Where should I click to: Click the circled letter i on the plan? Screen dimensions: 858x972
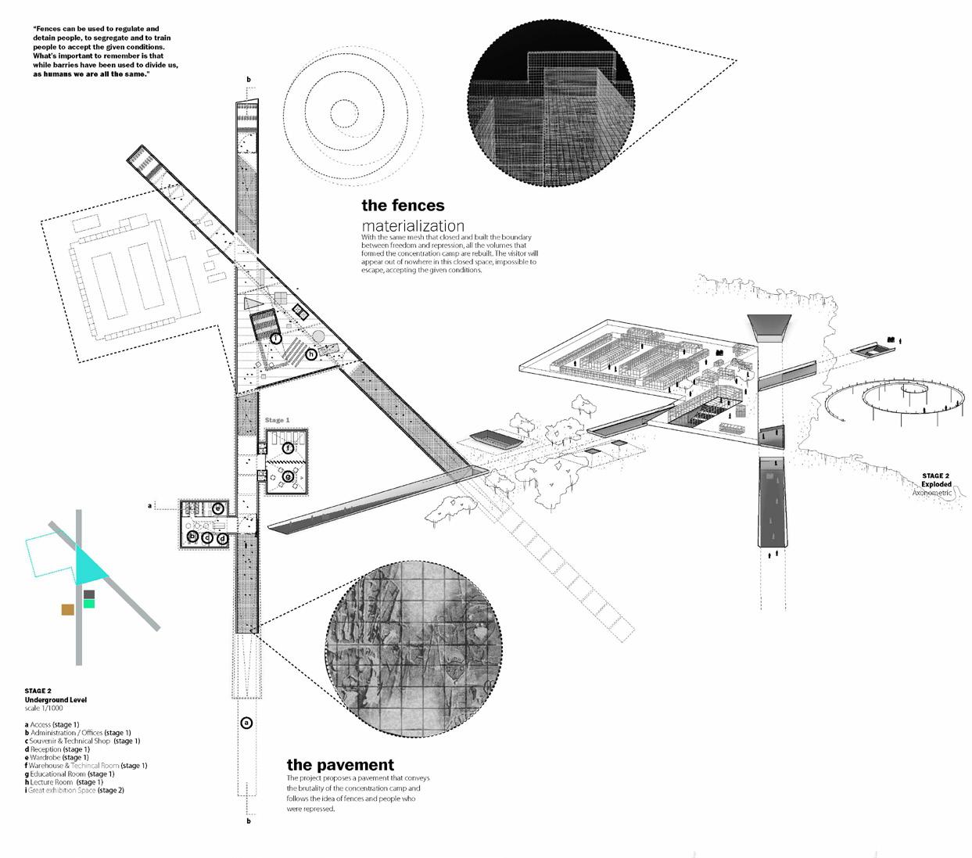point(276,339)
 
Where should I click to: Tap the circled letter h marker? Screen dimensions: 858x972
point(311,354)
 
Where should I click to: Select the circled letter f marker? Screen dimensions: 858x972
point(289,448)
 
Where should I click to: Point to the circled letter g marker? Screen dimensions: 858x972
point(288,476)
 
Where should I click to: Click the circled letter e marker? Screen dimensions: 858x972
point(218,509)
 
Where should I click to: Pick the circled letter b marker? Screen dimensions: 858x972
point(192,537)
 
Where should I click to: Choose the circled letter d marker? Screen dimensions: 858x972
point(222,538)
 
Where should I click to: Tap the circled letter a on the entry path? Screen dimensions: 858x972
point(246,723)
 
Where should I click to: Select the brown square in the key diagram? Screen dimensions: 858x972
point(68,609)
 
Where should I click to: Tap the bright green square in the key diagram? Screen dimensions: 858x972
point(89,604)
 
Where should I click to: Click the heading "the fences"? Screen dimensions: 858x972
point(403,206)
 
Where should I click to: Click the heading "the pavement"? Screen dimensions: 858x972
point(340,765)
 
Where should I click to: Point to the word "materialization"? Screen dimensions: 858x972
point(413,226)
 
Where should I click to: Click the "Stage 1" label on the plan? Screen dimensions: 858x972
point(277,421)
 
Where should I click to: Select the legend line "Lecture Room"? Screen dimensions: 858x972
point(63,782)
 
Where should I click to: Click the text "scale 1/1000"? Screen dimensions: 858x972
point(44,709)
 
